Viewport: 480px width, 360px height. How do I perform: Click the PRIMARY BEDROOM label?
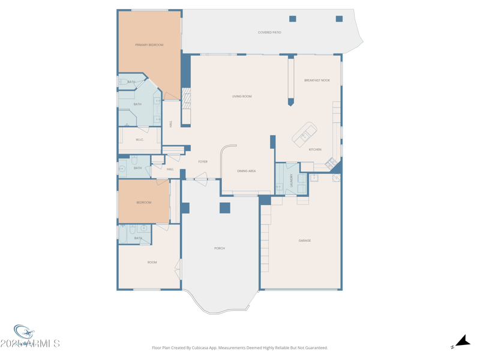click(149, 45)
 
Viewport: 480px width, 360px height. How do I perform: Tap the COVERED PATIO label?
click(269, 32)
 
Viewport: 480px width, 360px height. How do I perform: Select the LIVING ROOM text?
click(242, 97)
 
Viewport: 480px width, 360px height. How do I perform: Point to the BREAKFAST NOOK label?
click(317, 80)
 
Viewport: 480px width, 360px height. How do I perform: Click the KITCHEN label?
click(315, 149)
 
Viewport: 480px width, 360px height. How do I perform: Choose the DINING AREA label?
click(247, 172)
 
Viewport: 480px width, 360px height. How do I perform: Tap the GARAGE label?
click(305, 241)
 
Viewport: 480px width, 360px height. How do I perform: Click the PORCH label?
click(220, 248)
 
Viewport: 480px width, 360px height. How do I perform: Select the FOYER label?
click(203, 162)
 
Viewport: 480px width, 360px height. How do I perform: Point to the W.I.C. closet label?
click(140, 140)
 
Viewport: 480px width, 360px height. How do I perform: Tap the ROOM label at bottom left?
click(152, 262)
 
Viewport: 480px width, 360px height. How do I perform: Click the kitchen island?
click(305, 134)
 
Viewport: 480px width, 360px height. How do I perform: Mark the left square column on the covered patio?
click(293, 19)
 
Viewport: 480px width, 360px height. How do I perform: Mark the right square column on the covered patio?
click(339, 19)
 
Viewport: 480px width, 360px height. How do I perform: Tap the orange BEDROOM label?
click(144, 203)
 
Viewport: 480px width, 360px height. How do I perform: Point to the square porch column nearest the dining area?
click(225, 208)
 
